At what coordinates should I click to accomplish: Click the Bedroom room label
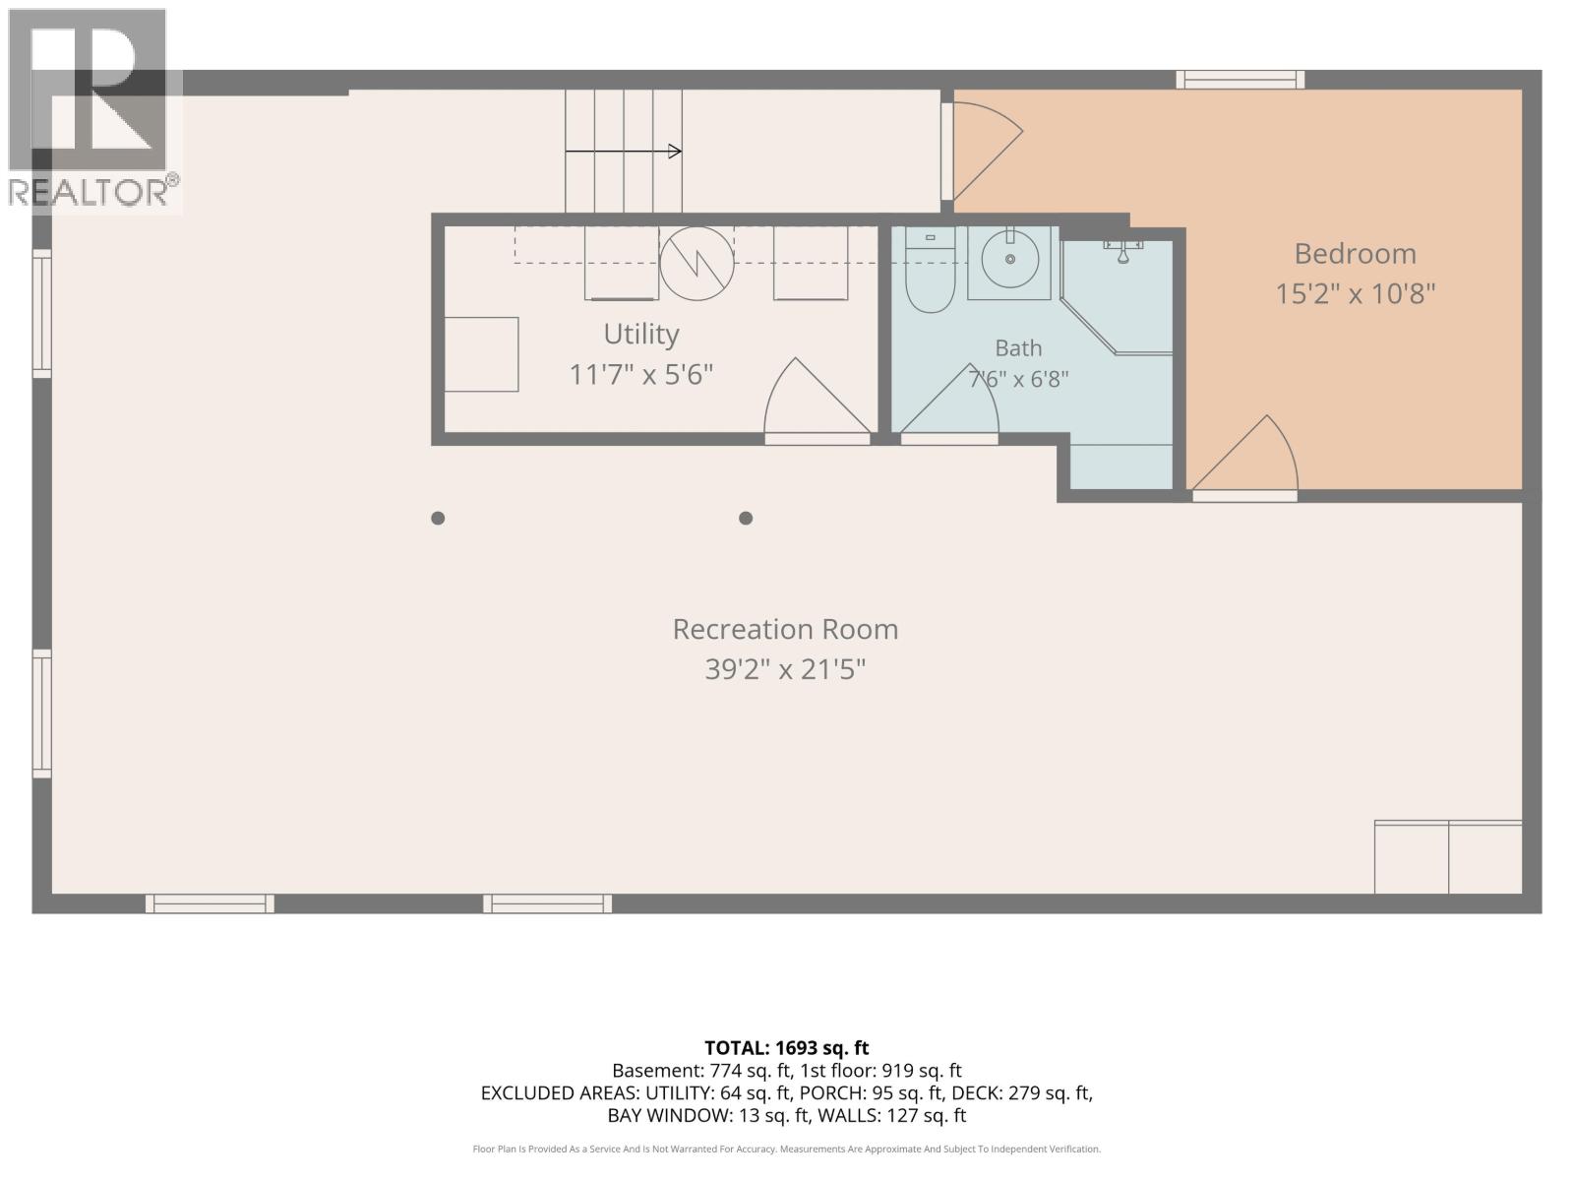(x=1355, y=254)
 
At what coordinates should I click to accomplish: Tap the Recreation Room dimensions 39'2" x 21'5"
(x=785, y=670)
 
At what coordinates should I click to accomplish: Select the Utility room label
(x=641, y=335)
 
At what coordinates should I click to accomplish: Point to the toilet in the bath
(x=930, y=271)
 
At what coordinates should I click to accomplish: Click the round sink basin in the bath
(x=1009, y=260)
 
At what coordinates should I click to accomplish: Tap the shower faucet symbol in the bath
(x=1123, y=252)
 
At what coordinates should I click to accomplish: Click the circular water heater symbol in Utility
(x=696, y=263)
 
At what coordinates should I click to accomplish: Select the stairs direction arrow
(x=623, y=152)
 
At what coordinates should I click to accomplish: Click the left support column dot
(x=438, y=518)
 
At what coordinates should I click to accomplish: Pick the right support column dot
(x=746, y=518)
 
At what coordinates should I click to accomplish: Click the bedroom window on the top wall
(x=1240, y=80)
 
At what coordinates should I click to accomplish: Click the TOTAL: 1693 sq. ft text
(x=787, y=1048)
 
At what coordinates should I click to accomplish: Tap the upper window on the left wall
(x=42, y=313)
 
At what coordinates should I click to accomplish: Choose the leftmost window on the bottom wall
(x=210, y=903)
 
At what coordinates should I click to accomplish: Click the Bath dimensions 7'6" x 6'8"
(x=1018, y=379)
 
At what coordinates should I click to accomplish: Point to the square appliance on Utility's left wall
(x=481, y=354)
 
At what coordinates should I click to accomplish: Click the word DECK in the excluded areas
(x=977, y=1092)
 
